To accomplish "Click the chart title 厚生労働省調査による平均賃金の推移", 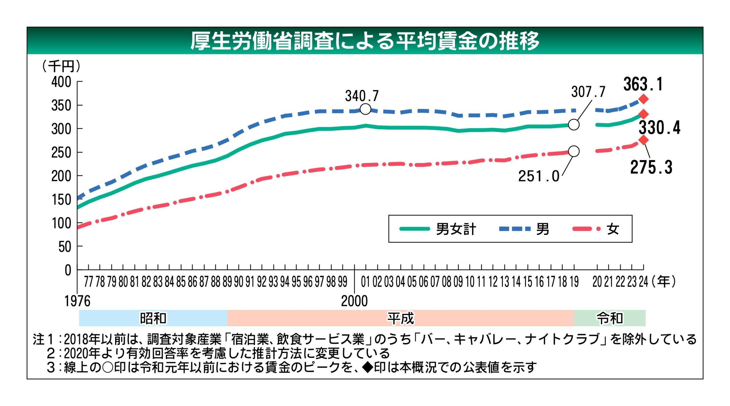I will [365, 41].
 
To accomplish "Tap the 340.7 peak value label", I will [362, 96].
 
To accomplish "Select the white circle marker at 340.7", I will [365, 109].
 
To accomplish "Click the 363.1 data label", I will [643, 85].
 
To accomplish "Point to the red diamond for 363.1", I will [643, 99].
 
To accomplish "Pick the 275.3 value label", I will [651, 167].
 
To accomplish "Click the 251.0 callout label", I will [539, 176].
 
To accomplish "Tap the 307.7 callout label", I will [588, 92].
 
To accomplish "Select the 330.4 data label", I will [659, 128].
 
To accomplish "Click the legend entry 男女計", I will [456, 229].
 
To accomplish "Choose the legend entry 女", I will [613, 229].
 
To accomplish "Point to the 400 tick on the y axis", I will [61, 82].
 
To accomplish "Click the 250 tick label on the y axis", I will [61, 153].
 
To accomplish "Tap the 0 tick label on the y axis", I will [68, 270].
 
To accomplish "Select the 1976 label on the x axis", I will [77, 301].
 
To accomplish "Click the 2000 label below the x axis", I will [354, 301].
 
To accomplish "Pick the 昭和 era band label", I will [153, 318].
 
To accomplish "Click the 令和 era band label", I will [610, 318].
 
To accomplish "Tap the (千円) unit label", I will [61, 66].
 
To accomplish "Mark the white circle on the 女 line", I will [574, 151].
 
